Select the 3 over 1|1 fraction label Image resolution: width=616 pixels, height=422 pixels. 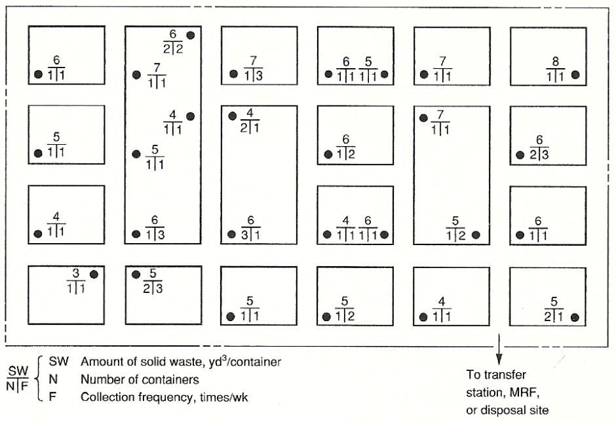pyautogui.click(x=77, y=280)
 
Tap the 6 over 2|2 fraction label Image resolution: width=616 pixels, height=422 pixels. pyautogui.click(x=173, y=40)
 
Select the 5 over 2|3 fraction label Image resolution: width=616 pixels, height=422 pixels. pyautogui.click(x=155, y=280)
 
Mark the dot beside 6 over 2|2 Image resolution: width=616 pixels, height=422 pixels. pyautogui.click(x=191, y=35)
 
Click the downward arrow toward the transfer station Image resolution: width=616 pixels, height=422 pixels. pyautogui.click(x=500, y=351)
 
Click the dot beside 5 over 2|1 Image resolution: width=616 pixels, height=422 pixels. pyautogui.click(x=575, y=318)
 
